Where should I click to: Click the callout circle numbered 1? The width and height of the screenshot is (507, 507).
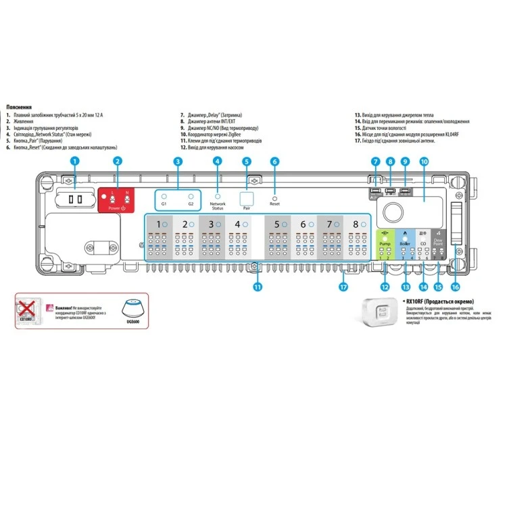(x=76, y=161)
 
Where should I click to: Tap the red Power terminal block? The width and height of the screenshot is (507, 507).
(x=118, y=199)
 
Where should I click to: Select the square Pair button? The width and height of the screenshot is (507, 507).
(x=247, y=198)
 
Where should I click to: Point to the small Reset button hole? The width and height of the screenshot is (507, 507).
(x=274, y=197)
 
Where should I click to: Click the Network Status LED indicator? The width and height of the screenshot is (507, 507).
(x=217, y=195)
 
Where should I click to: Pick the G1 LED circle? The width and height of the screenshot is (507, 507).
(x=164, y=195)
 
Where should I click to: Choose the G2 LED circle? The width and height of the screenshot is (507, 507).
(x=191, y=195)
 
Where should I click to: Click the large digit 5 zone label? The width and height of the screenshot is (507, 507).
(x=278, y=224)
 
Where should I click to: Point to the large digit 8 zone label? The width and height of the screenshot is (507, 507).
(x=356, y=224)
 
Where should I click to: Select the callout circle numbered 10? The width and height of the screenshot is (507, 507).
(x=424, y=162)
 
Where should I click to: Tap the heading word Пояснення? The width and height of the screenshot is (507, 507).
(x=17, y=107)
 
